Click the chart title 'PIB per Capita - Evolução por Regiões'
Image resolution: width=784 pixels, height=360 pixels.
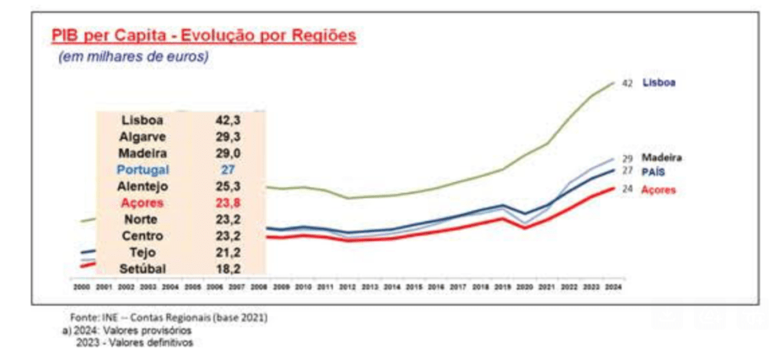click(203, 35)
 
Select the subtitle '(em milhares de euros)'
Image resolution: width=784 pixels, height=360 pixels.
click(133, 57)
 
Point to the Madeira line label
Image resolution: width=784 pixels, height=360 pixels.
click(661, 157)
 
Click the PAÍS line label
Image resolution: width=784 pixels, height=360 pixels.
click(653, 170)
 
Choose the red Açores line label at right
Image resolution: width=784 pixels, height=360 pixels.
click(659, 190)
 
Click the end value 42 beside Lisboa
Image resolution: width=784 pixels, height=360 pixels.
click(627, 83)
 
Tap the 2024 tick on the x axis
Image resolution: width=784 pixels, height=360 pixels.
click(612, 287)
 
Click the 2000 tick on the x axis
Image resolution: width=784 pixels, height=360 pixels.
click(81, 287)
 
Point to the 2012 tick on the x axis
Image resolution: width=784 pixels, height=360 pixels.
click(347, 287)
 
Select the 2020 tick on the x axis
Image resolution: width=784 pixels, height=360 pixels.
click(524, 287)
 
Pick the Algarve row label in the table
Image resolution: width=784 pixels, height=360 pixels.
click(143, 137)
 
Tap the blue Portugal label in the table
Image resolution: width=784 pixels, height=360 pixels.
click(143, 170)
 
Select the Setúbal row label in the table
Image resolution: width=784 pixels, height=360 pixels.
click(143, 269)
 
